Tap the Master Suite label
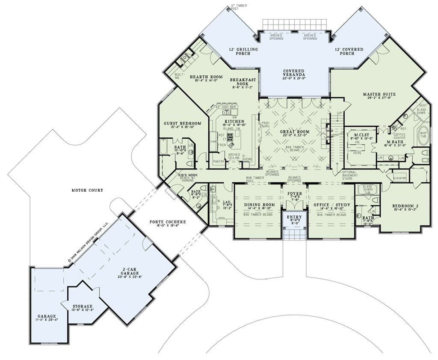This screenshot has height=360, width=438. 379,94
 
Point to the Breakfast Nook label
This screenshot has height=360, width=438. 243,82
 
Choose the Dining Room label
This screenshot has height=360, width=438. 259,205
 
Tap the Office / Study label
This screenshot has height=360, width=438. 331,205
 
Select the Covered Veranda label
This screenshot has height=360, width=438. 293,73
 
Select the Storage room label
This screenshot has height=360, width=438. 82,306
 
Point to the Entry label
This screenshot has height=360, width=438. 293,217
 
